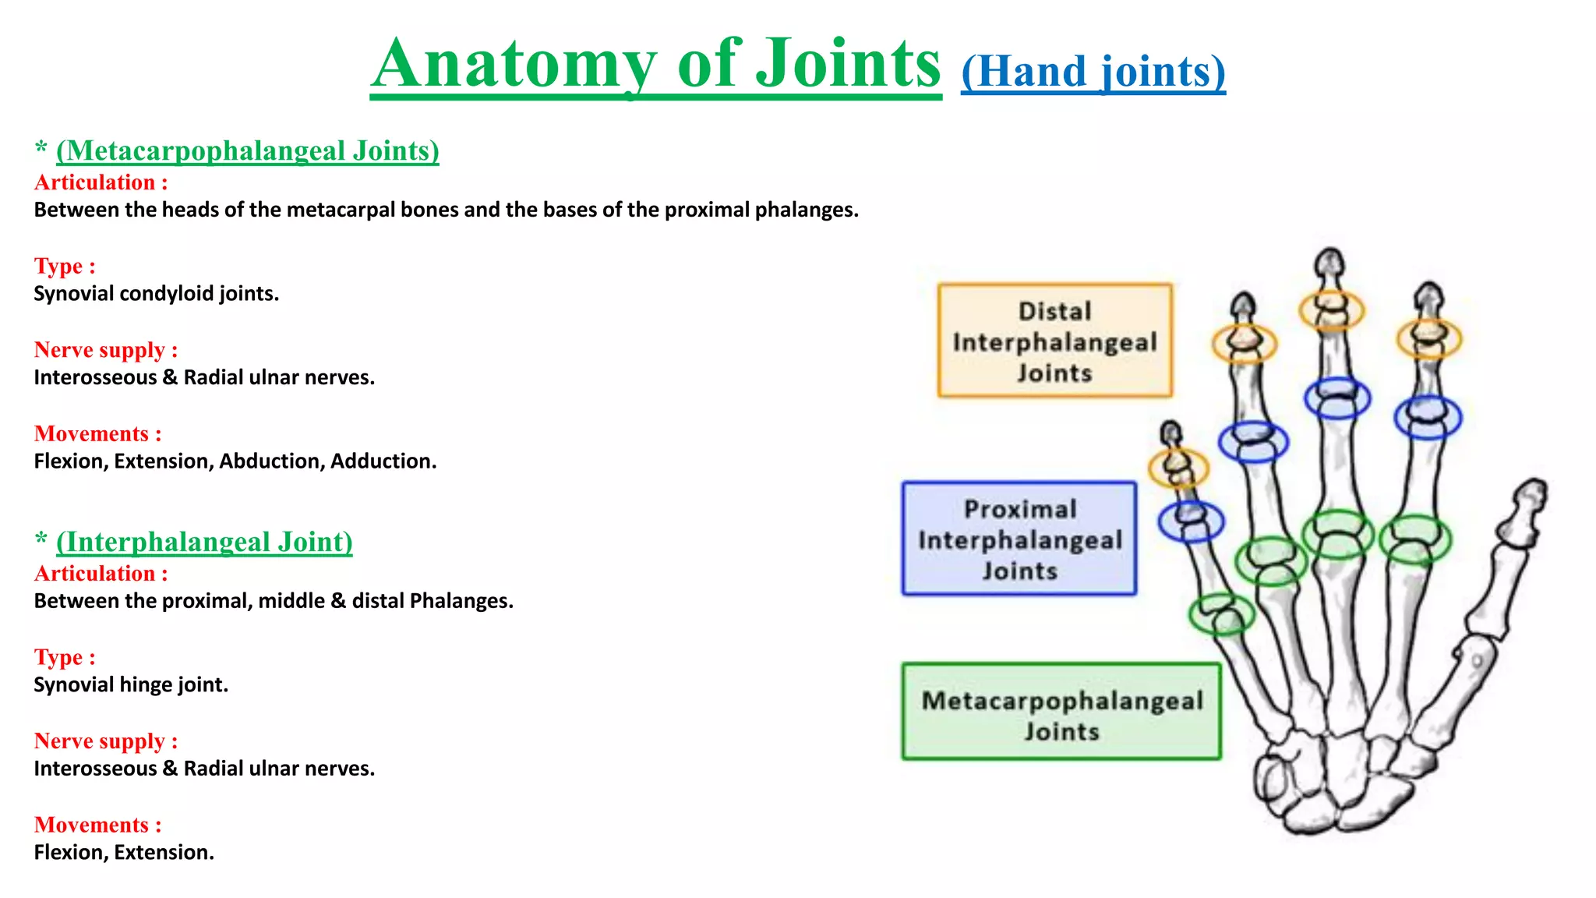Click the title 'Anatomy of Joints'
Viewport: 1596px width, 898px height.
point(655,64)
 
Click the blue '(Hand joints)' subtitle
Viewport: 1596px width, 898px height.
point(1093,72)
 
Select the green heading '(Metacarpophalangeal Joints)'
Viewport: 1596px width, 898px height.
point(247,150)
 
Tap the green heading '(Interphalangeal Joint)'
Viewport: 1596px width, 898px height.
point(204,542)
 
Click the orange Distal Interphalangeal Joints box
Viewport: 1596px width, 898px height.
point(1054,341)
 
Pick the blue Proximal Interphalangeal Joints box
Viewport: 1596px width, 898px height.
point(1019,539)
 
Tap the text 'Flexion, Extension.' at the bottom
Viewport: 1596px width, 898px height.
point(124,853)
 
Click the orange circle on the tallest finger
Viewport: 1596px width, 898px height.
point(1331,309)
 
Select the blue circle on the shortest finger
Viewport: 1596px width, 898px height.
point(1190,521)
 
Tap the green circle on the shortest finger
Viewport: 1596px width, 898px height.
point(1221,614)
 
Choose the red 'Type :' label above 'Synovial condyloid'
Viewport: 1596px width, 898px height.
point(65,267)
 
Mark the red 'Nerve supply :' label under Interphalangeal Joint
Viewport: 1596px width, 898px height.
point(106,741)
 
